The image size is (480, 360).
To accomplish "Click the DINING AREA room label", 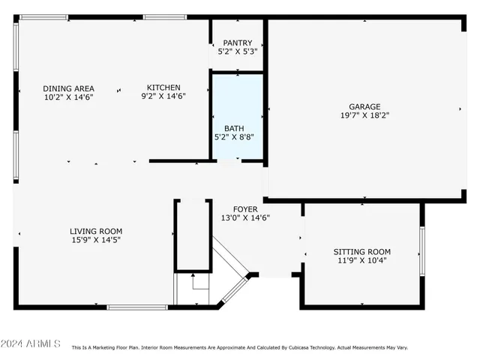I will click(68, 88).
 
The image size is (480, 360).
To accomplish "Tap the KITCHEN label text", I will click(163, 88).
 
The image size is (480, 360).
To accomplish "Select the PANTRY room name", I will click(237, 43).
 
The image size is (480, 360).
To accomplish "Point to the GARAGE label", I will click(364, 106).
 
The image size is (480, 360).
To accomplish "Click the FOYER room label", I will click(245, 209).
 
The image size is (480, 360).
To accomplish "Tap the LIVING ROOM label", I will click(96, 231).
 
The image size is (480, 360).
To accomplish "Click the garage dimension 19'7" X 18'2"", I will click(364, 115).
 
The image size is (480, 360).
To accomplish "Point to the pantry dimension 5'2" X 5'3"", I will click(237, 52).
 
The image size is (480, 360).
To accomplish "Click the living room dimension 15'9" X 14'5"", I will click(96, 240).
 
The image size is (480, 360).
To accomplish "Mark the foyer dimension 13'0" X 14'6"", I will click(245, 218).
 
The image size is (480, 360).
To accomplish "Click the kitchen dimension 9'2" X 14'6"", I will click(163, 96).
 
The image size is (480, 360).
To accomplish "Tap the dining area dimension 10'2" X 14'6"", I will click(68, 97).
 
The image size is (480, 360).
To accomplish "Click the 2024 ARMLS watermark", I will click(31, 343).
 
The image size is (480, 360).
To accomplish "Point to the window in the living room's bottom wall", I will click(136, 307).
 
